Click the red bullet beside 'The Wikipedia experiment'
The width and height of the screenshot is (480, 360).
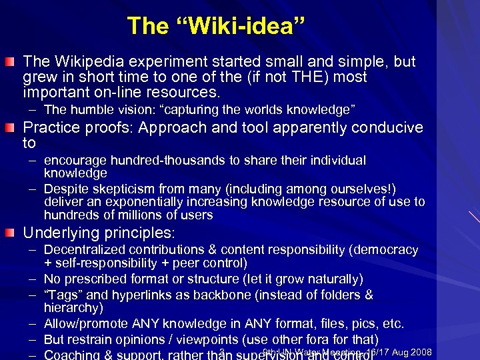(13, 63)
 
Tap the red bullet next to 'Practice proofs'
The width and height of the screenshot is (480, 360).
(13, 127)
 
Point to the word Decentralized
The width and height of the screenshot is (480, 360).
(85, 250)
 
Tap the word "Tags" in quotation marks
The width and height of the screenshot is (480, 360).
(63, 294)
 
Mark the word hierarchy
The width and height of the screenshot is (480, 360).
(71, 307)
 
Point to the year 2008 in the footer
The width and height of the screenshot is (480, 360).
(419, 352)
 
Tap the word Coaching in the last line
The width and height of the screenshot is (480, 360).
(71, 354)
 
